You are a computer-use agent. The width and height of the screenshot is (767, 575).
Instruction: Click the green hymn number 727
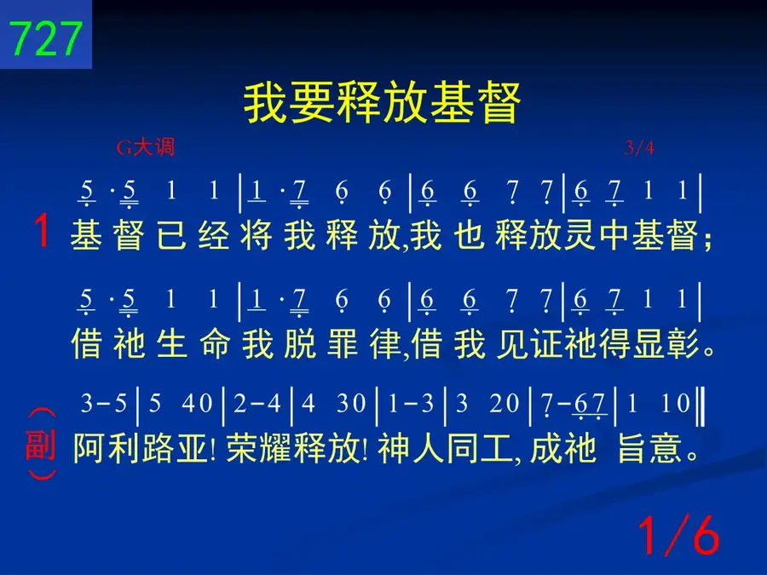tap(45, 38)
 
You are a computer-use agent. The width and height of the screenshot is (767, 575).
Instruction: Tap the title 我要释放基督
tap(382, 103)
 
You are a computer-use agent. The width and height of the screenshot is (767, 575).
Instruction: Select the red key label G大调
tap(145, 147)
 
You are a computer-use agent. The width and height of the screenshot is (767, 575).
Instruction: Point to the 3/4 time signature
tap(639, 147)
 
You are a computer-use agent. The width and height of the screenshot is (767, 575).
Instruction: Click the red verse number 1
tap(42, 231)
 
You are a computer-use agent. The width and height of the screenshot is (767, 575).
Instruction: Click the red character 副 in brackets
tap(40, 445)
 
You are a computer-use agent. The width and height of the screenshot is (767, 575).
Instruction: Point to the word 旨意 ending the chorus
tap(649, 448)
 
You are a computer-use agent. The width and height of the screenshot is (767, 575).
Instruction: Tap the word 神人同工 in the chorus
tap(445, 448)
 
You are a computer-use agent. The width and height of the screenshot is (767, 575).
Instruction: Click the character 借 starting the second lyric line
tap(86, 343)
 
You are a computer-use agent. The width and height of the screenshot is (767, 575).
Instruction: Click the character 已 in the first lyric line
tap(171, 235)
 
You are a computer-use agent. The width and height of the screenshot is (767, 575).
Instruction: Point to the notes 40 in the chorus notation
tap(197, 404)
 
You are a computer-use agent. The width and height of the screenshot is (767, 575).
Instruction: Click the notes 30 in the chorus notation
tap(351, 404)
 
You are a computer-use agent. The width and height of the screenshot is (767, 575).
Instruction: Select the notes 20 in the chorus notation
tap(505, 404)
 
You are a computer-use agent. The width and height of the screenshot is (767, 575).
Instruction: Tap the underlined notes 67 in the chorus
tap(590, 405)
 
